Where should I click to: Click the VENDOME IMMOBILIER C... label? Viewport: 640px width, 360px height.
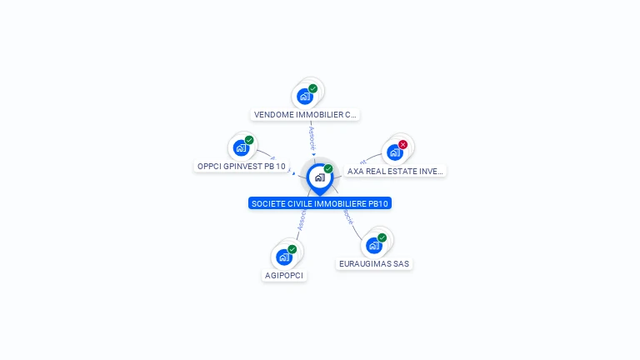[305, 115]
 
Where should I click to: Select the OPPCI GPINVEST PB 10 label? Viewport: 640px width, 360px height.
[241, 166]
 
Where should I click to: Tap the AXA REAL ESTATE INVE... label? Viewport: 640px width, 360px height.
[395, 171]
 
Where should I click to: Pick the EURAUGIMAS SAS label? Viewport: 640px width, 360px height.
[374, 263]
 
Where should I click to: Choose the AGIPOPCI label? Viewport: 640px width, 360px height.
[284, 275]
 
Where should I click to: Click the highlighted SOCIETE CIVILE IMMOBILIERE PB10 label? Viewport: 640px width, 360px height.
[320, 203]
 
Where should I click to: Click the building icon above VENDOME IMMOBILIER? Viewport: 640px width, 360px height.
[305, 96]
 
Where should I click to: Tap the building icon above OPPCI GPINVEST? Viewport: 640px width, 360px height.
[241, 148]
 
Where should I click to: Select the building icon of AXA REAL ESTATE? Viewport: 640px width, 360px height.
[395, 152]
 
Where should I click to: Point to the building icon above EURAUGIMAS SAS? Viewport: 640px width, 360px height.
[374, 245]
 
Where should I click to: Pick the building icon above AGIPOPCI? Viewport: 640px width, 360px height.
[284, 257]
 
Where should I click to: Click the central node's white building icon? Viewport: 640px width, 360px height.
[319, 177]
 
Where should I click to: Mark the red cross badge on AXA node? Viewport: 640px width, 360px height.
[403, 144]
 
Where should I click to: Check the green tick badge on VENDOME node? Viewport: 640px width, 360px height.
[313, 88]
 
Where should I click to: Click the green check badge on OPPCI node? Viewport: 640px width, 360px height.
[249, 140]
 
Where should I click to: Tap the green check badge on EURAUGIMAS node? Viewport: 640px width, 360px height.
[382, 237]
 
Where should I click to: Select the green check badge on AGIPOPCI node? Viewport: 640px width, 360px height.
[292, 249]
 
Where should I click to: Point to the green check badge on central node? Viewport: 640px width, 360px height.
[328, 169]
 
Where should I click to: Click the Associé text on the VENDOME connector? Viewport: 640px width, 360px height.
[312, 138]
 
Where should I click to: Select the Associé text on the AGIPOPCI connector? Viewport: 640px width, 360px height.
[302, 219]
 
